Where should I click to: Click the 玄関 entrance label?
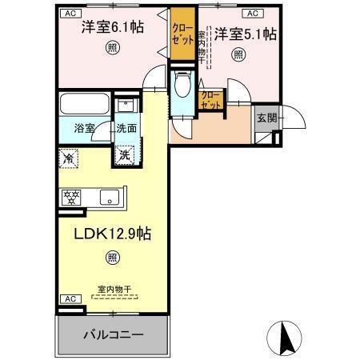pyautogui.click(x=266, y=118)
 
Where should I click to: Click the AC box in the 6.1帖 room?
pyautogui.click(x=70, y=14)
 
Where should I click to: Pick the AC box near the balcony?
pyautogui.click(x=70, y=298)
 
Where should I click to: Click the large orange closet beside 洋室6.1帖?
pyautogui.click(x=182, y=36)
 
